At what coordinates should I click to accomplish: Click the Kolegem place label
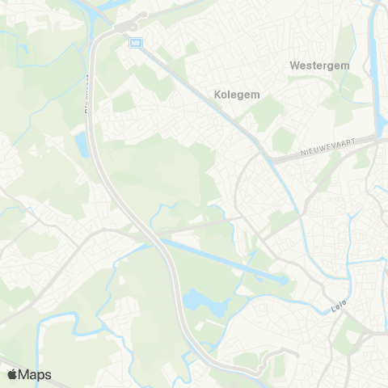[238, 95]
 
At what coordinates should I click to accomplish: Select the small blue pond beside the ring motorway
[82, 144]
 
